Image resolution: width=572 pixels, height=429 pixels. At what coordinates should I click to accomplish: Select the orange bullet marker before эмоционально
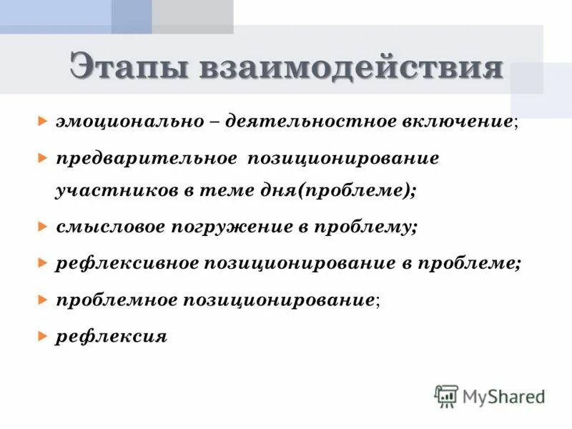[x=44, y=120]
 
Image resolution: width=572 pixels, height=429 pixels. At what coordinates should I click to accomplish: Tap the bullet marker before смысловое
[x=44, y=227]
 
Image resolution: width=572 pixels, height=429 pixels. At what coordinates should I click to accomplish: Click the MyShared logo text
[x=503, y=396]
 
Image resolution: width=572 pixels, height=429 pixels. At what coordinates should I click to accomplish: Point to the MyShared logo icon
[x=446, y=396]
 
